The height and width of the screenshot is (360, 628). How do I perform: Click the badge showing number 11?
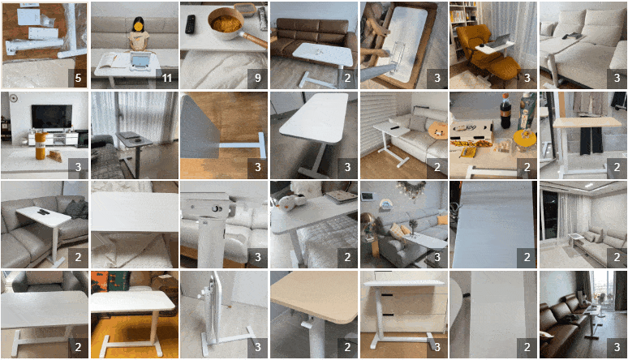click(166, 78)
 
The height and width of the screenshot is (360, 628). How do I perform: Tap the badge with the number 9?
click(257, 78)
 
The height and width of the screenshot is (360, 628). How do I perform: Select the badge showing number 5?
click(78, 78)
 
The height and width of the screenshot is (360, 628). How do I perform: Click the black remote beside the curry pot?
click(190, 24)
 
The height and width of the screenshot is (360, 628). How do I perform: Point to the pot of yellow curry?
click(226, 23)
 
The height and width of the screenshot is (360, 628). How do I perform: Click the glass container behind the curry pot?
click(244, 10)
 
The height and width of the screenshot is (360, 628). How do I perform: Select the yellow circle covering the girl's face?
click(138, 27)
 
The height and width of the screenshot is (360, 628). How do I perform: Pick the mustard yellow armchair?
click(483, 52)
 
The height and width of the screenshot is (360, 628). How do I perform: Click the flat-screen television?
click(52, 117)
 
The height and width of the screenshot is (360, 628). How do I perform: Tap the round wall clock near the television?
click(14, 98)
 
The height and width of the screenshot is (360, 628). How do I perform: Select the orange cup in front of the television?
click(41, 146)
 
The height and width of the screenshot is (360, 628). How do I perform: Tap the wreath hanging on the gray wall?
click(411, 188)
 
